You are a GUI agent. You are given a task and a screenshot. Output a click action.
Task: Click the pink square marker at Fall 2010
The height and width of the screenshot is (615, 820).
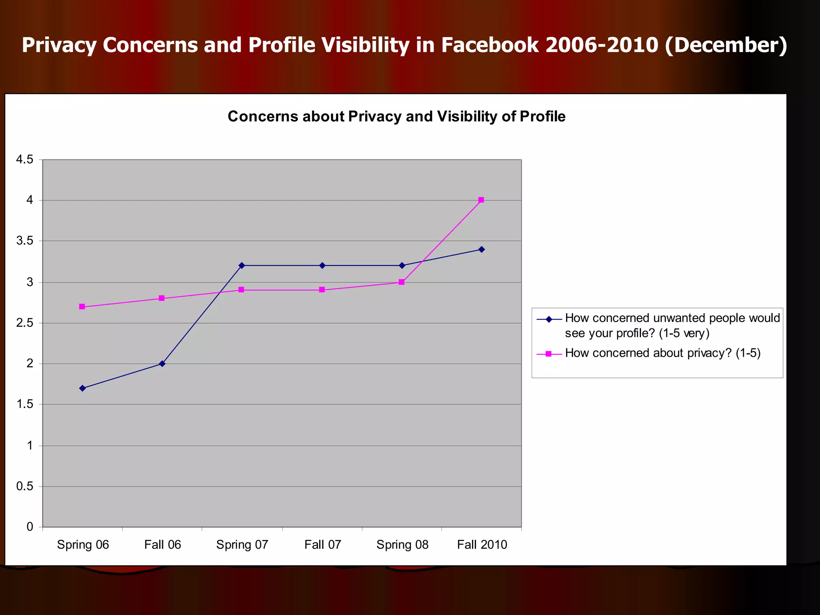(481, 200)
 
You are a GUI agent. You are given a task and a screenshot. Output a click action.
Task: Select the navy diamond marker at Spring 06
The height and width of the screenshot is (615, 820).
(82, 388)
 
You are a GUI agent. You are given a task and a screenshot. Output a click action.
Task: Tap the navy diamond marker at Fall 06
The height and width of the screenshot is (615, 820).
(162, 364)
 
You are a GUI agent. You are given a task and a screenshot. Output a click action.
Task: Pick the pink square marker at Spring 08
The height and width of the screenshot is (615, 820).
(402, 282)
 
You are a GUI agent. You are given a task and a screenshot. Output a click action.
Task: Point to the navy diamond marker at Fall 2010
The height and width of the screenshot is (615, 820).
(482, 249)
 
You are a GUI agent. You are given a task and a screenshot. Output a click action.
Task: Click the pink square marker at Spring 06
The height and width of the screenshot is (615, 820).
(82, 307)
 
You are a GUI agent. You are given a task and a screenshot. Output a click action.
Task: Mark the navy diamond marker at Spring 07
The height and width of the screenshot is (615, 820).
(241, 265)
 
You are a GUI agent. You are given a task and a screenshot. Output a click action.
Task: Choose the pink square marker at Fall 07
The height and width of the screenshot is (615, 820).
(322, 289)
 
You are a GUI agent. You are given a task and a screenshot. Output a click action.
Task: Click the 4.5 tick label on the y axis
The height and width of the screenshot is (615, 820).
(24, 160)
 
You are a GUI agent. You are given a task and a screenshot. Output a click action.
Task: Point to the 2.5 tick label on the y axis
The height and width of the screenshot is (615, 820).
(24, 323)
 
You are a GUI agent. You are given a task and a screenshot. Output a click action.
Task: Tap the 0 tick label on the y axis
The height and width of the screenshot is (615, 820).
(30, 527)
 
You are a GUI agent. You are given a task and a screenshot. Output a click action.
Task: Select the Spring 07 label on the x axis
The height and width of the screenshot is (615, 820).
(242, 545)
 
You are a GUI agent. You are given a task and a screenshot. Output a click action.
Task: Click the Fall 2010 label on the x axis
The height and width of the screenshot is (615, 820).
(482, 545)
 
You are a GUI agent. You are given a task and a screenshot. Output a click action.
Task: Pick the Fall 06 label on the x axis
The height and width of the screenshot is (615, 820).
(163, 545)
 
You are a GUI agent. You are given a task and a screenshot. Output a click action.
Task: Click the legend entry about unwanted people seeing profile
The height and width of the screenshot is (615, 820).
(672, 325)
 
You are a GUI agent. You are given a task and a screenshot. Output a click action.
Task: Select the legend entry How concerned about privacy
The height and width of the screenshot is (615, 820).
(662, 353)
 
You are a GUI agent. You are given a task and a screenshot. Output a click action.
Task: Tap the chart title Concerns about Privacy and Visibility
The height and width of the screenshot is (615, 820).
(396, 117)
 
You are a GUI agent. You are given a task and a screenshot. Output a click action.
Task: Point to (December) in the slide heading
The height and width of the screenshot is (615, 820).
(726, 45)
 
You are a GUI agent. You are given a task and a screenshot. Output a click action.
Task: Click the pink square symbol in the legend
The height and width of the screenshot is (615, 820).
(549, 354)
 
